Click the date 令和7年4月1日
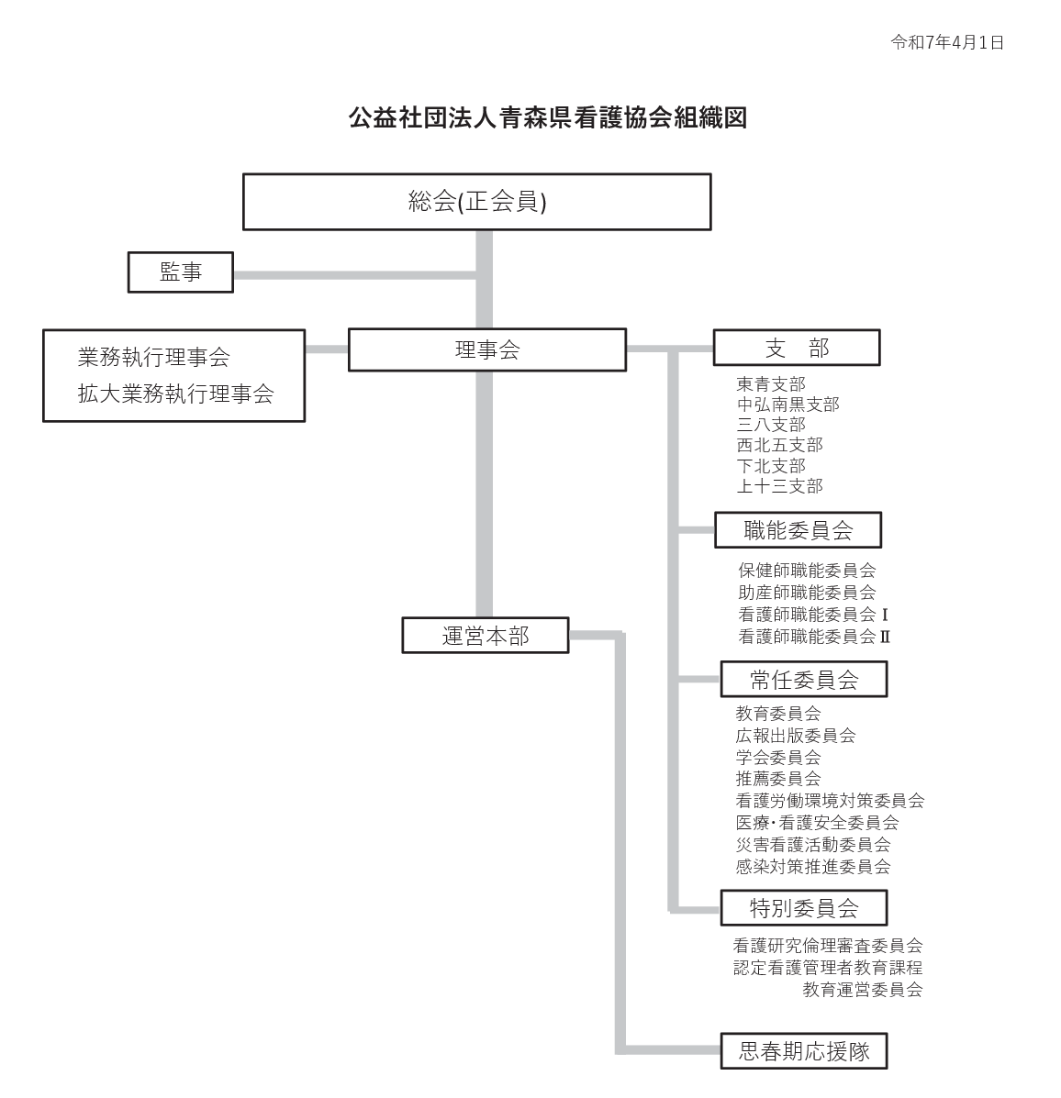[947, 43]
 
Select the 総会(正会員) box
[476, 202]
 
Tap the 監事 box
[180, 272]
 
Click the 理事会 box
[487, 349]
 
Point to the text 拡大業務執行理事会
[175, 394]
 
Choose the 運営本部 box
[485, 635]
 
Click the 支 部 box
[797, 348]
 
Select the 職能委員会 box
[798, 530]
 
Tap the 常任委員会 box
[804, 679]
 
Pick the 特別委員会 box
[804, 908]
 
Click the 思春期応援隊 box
[804, 1051]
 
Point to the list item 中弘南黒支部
[787, 405]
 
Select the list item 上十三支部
[779, 486]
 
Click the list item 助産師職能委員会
[807, 593]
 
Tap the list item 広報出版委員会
[796, 736]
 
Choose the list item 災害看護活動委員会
[813, 845]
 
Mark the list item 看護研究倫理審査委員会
[828, 946]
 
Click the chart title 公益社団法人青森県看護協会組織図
[547, 117]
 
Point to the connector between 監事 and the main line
[354, 275]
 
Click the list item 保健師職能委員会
[807, 571]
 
